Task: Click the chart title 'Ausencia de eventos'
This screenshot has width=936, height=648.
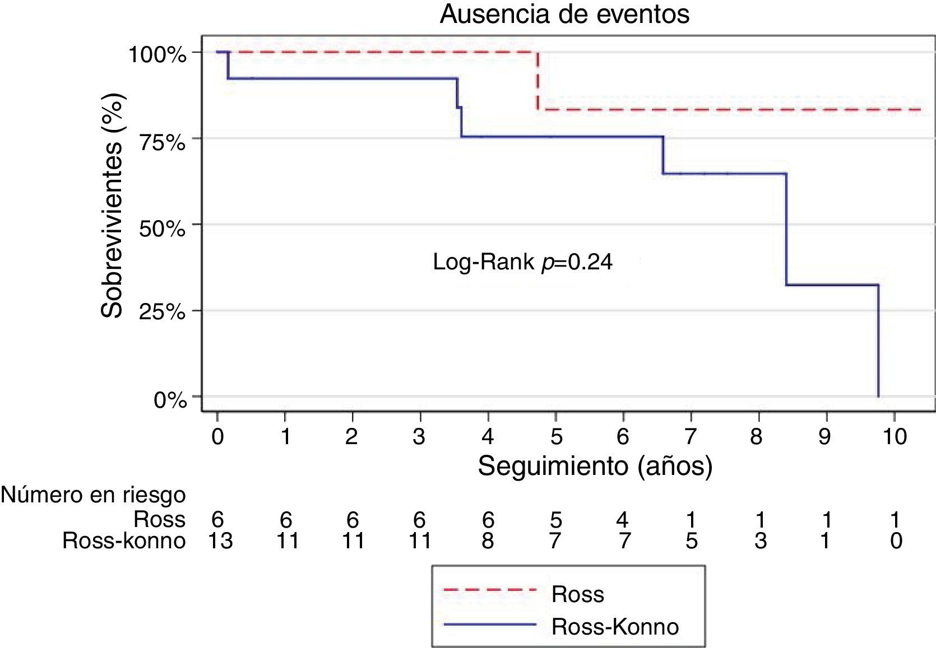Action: (564, 14)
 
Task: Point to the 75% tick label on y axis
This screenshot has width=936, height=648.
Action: (161, 142)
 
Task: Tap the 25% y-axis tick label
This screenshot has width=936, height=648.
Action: (161, 312)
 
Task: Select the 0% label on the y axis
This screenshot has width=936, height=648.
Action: (170, 400)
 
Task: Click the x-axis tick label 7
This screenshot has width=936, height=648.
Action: (691, 436)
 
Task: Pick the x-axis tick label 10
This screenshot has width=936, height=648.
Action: (895, 436)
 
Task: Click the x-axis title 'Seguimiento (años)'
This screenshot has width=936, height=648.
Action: (595, 466)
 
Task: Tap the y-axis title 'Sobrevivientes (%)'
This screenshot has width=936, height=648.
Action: (113, 206)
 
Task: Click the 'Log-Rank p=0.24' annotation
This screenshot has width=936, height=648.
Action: (522, 262)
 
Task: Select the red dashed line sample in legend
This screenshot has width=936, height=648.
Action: (489, 590)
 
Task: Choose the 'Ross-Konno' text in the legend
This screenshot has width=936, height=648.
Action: (615, 627)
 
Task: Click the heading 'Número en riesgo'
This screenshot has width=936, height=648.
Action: (93, 495)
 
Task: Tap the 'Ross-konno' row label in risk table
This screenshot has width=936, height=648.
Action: (123, 541)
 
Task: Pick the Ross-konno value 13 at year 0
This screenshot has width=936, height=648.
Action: (220, 541)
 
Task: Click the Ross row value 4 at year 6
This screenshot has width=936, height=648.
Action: (623, 520)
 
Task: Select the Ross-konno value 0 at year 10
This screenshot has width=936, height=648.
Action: (895, 541)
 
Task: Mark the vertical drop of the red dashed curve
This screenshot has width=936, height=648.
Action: (537, 81)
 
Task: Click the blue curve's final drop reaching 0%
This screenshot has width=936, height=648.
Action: (878, 342)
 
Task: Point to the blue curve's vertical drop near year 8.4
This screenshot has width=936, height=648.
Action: (786, 230)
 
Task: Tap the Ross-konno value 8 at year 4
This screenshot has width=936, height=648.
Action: (488, 541)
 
